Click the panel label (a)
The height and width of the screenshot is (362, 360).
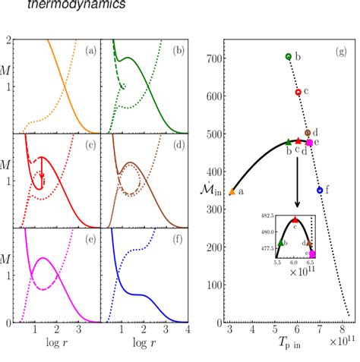(90, 51)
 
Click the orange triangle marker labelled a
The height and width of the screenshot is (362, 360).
(232, 192)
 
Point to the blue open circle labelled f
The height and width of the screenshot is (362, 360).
(320, 190)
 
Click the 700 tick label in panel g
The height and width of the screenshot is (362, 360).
(216, 58)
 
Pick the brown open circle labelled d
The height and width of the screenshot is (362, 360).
(307, 133)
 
